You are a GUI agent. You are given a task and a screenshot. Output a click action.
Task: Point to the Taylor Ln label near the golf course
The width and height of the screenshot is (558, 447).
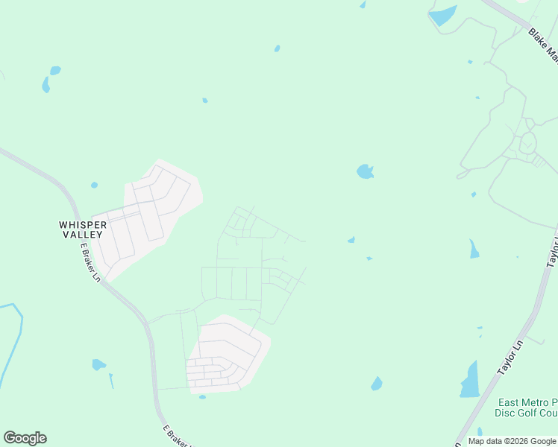pos(511,358)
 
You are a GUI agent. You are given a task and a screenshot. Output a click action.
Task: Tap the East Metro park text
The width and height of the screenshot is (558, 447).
pos(527,402)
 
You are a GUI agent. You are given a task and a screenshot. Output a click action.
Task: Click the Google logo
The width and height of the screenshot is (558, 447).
pos(25,438)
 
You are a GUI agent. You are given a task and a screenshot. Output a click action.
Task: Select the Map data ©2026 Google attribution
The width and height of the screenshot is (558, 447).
pos(512,441)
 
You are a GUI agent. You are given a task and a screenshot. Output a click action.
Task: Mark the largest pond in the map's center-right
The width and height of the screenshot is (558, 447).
pos(365,172)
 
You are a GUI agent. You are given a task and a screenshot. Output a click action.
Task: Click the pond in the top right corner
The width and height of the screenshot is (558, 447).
pos(442,15)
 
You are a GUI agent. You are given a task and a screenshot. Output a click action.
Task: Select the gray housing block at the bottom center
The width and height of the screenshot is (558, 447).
pos(227,354)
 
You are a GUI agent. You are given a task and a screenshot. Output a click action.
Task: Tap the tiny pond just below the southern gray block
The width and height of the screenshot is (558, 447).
pos(202,396)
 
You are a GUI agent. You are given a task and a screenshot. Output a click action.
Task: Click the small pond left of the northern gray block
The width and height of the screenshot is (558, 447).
pos(94,185)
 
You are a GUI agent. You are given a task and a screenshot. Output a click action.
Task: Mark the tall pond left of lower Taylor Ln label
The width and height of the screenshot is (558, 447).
pos(470,381)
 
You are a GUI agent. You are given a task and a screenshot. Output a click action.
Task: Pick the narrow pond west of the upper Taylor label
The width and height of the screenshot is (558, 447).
pos(474,250)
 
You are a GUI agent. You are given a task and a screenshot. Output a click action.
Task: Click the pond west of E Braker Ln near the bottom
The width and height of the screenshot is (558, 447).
pos(98,364)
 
